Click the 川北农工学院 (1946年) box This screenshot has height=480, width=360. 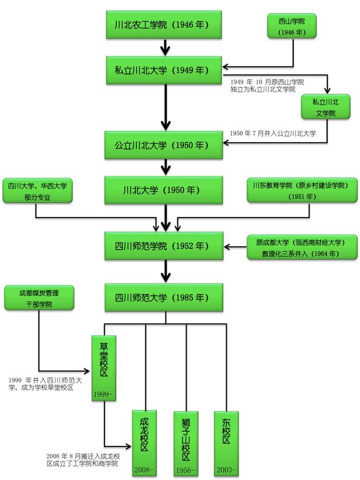point(165,24)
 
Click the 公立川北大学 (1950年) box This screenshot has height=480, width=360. point(165,145)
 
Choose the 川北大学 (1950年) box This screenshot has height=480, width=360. point(165,190)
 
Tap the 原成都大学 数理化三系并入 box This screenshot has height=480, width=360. point(295,247)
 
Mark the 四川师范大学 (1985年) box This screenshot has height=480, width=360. point(165,297)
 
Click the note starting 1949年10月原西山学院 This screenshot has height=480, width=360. point(267,85)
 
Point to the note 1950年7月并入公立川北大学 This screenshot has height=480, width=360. point(273,133)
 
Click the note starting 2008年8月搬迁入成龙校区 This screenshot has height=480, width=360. point(82,460)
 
